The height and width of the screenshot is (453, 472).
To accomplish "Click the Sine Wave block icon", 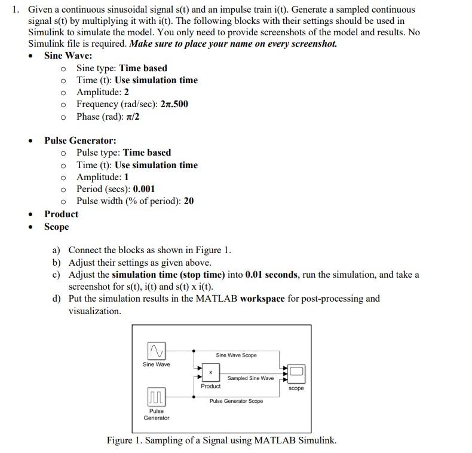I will point(156,350).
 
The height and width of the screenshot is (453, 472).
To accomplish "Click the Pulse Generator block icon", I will point(156,397).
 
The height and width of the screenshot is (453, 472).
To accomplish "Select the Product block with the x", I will point(210,372).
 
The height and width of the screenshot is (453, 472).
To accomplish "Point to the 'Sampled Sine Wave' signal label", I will point(250,378).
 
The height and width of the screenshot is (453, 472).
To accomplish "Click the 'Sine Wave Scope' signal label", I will point(236,355).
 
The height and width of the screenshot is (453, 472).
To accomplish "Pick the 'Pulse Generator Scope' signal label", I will point(236,401).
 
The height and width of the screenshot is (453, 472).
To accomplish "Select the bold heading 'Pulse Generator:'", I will point(80,141).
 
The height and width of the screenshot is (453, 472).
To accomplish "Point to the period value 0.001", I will point(144,189).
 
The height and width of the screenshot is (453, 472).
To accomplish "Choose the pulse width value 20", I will point(189,201).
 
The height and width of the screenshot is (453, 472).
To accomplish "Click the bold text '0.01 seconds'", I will point(272,275).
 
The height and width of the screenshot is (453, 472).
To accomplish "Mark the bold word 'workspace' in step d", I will point(262,299).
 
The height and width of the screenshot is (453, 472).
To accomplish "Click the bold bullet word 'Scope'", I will point(57,227).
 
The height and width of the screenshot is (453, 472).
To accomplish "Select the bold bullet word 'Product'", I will point(62,214).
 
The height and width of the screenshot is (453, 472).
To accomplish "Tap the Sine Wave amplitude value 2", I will point(127,92).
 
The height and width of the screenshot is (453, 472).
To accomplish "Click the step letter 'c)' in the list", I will point(57,275).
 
